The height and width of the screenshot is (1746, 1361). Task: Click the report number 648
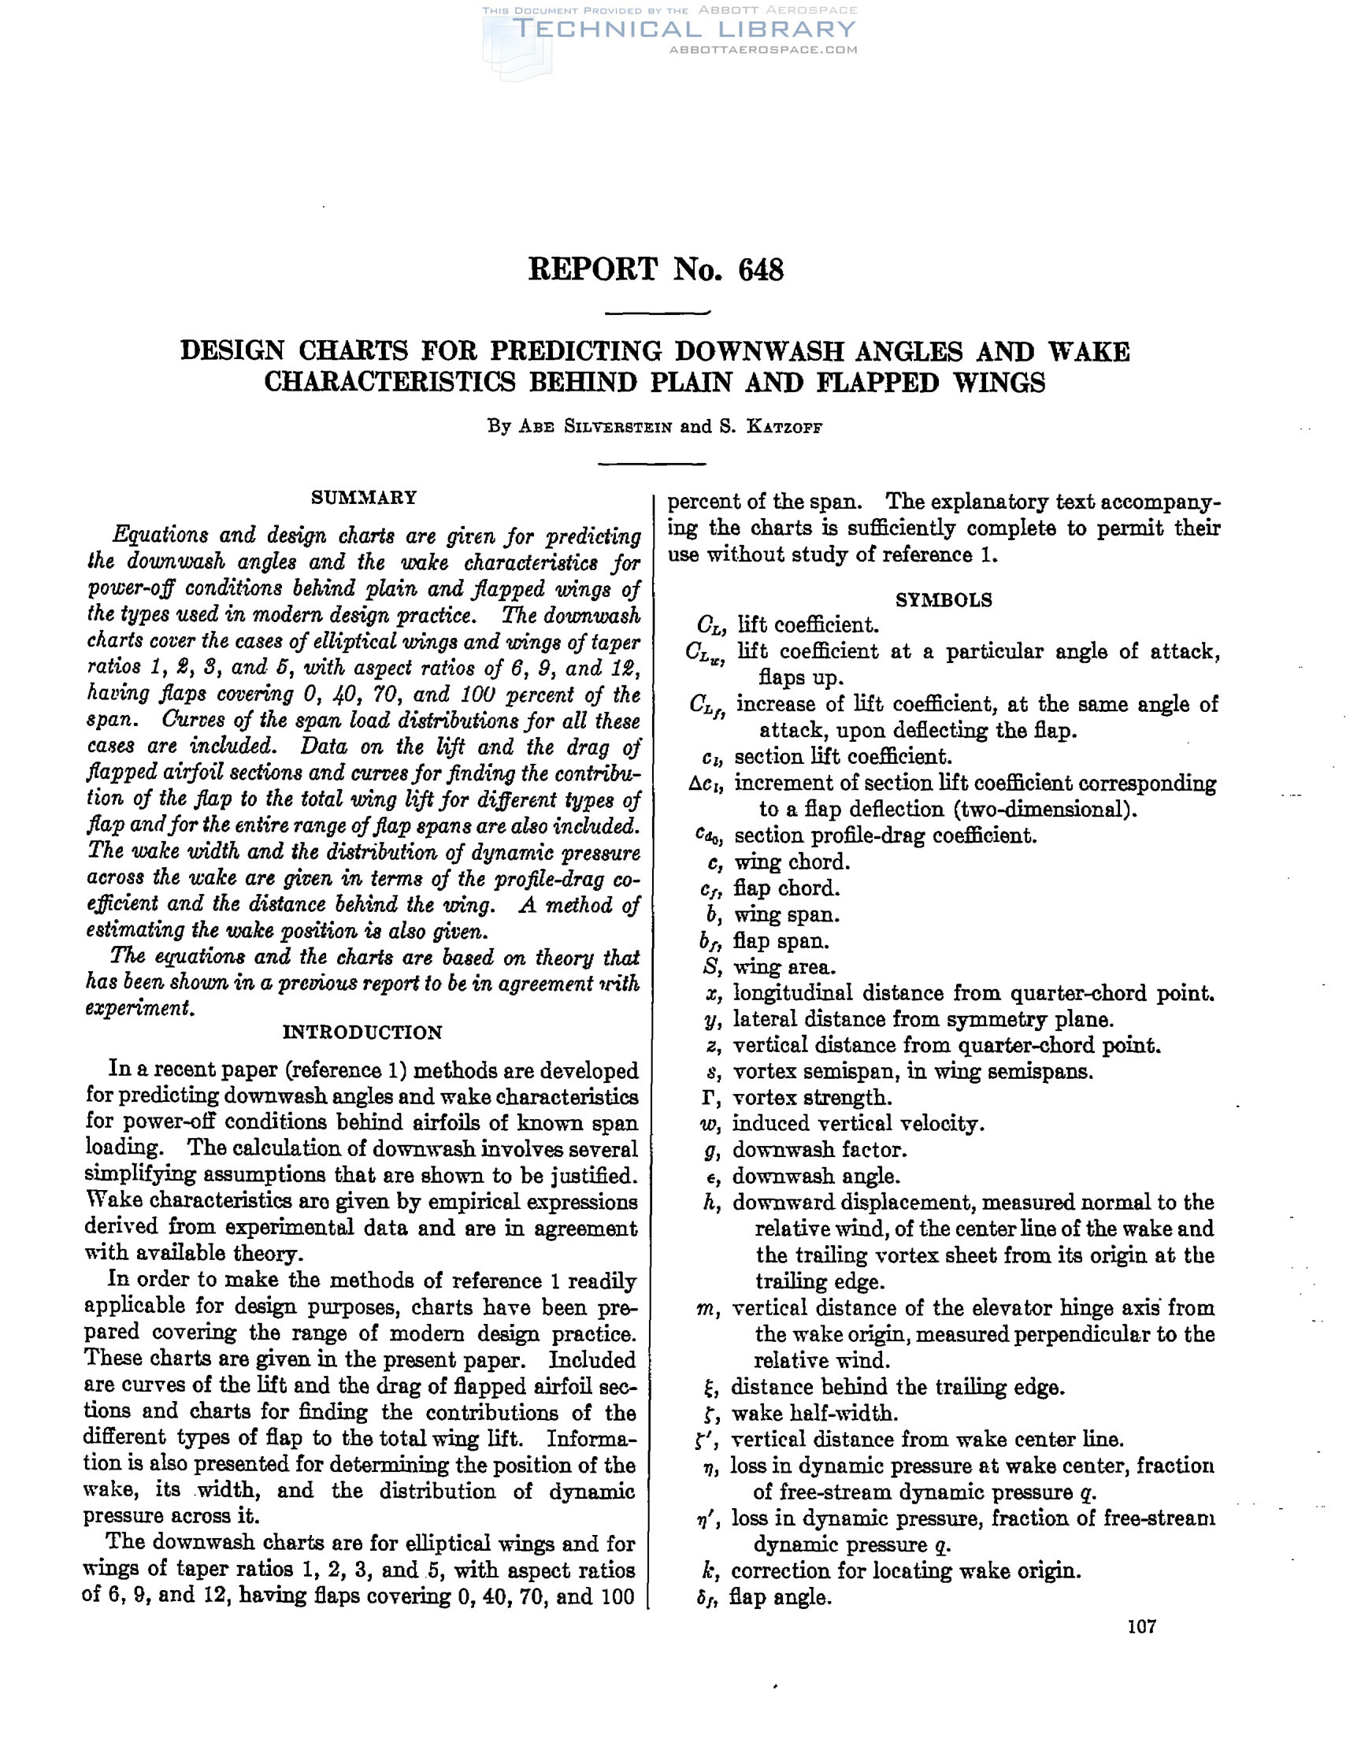(761, 270)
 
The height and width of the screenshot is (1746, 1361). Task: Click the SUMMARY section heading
(364, 497)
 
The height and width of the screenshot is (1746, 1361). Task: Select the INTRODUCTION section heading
(362, 1032)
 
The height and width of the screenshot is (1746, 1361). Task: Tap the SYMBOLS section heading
(944, 599)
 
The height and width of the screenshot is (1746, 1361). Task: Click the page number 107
(1142, 1626)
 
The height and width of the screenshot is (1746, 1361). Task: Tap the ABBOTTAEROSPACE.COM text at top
(763, 50)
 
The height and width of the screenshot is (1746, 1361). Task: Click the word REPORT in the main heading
(592, 270)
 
